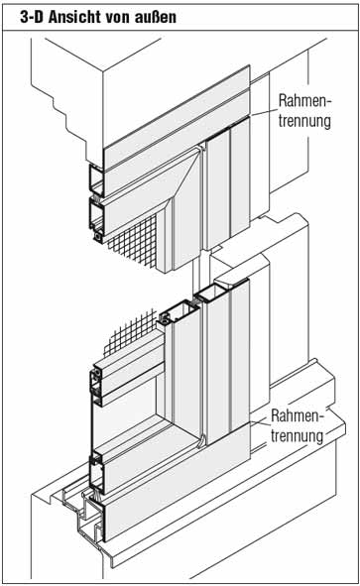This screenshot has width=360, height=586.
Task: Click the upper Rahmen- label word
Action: click(x=304, y=100)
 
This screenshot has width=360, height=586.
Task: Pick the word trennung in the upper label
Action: click(x=304, y=121)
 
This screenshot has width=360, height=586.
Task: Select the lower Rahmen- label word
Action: click(x=298, y=416)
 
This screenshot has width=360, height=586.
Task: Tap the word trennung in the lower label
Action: click(x=297, y=436)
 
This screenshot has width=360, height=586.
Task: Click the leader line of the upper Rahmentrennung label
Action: click(x=264, y=112)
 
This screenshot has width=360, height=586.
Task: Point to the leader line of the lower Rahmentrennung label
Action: click(x=260, y=423)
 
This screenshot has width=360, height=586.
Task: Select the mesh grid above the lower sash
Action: click(x=130, y=332)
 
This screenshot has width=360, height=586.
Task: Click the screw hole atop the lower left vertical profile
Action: click(x=164, y=319)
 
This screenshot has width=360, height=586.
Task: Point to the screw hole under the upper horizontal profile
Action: click(x=98, y=237)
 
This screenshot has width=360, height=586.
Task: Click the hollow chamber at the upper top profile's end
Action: click(x=96, y=180)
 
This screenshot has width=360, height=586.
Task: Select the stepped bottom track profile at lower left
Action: click(x=83, y=512)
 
